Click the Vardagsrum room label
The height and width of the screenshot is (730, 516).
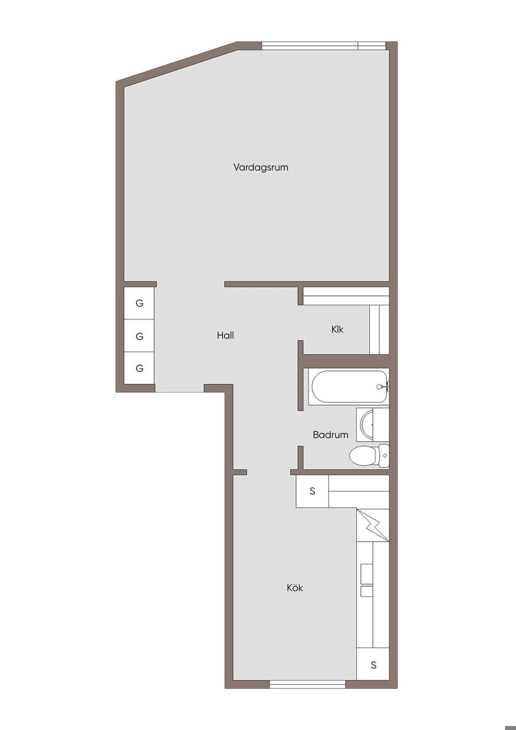click(261, 167)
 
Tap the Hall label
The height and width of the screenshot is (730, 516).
click(225, 335)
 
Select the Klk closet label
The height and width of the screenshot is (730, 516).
click(337, 330)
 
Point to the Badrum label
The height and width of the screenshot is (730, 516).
click(331, 435)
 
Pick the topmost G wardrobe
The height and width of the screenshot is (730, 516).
click(139, 303)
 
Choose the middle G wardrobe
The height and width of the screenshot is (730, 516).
click(139, 336)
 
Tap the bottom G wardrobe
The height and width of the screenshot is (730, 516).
click(139, 368)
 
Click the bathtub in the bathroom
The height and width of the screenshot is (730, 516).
click(349, 387)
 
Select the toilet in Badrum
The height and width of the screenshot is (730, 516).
click(369, 456)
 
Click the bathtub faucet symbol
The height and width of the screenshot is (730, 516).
click(382, 387)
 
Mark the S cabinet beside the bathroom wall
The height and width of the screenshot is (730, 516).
click(312, 491)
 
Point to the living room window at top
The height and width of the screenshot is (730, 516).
click(324, 45)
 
